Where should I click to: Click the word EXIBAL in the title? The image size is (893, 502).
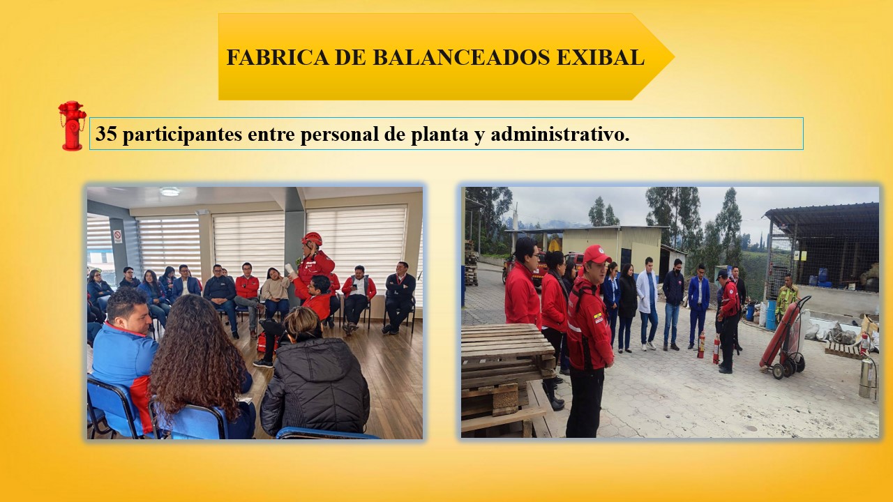point(601,57)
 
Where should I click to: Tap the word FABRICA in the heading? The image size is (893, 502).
point(278,57)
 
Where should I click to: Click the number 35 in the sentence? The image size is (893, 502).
point(106,133)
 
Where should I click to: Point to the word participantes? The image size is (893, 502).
point(182,135)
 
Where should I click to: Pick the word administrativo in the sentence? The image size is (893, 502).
point(560,134)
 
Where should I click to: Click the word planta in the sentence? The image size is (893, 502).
point(440,135)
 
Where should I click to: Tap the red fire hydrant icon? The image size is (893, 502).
point(72,125)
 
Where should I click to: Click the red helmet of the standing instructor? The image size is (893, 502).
point(312,238)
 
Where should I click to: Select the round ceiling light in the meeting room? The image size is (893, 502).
point(170,192)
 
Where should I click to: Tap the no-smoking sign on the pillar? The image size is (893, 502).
point(117,236)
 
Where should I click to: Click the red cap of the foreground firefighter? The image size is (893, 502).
point(596,254)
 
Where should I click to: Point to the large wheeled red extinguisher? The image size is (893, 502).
point(784,339)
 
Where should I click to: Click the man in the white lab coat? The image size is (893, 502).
point(647,303)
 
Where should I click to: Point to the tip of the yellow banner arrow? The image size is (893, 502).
point(674,57)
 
